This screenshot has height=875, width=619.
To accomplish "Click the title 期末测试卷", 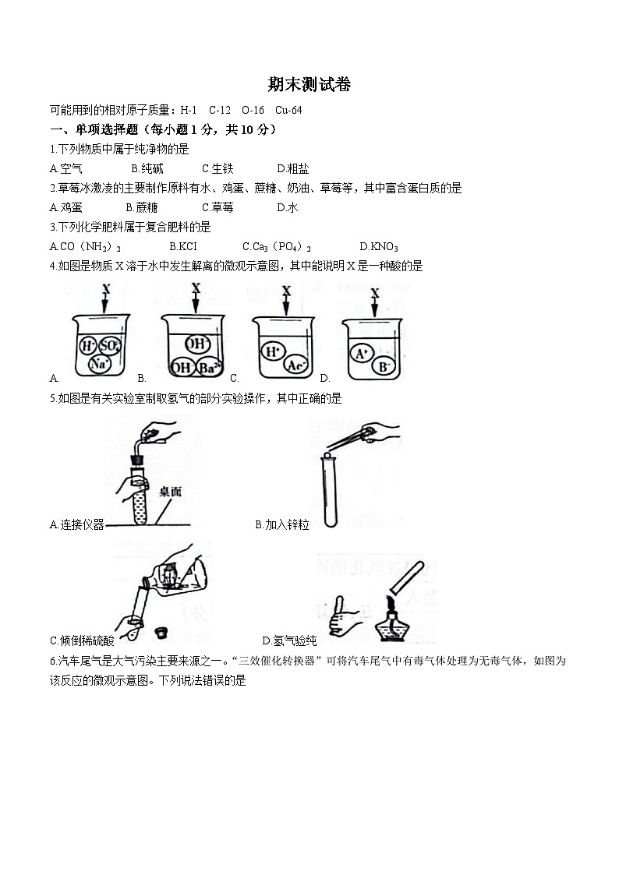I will pyautogui.click(x=309, y=86).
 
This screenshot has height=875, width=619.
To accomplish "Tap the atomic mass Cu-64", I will pyautogui.click(x=288, y=110).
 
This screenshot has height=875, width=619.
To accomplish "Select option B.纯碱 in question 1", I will pyautogui.click(x=147, y=168).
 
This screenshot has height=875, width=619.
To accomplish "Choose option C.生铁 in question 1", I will pyautogui.click(x=218, y=168).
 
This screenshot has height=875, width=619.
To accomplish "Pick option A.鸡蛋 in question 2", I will pyautogui.click(x=66, y=207).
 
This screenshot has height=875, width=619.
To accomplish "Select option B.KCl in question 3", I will pyautogui.click(x=183, y=246).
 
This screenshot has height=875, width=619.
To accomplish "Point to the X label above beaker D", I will pyautogui.click(x=376, y=294).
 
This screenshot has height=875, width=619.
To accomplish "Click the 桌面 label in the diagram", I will pyautogui.click(x=170, y=492).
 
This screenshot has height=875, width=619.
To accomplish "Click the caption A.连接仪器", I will pyautogui.click(x=76, y=525).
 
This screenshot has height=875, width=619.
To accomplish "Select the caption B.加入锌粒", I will pyautogui.click(x=282, y=525).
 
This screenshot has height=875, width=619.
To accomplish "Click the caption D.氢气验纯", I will pyautogui.click(x=289, y=641).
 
